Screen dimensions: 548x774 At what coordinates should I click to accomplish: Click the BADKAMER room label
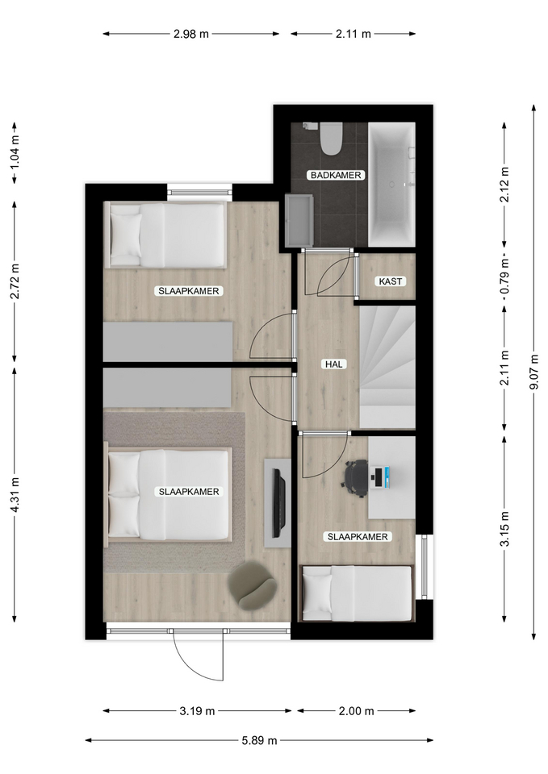click(336, 175)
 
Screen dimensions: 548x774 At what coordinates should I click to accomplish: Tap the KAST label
click(391, 281)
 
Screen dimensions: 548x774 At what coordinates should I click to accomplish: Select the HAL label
click(333, 364)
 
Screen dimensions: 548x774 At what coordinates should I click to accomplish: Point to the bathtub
click(392, 184)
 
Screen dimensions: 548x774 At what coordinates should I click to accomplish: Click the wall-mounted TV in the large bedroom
click(278, 503)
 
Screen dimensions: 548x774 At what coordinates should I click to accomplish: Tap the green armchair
click(252, 585)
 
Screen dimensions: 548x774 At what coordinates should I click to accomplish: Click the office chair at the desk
click(357, 478)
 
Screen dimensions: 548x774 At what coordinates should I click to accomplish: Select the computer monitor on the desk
click(380, 478)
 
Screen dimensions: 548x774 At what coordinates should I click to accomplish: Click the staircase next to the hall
click(387, 368)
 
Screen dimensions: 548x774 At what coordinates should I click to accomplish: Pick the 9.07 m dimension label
click(533, 372)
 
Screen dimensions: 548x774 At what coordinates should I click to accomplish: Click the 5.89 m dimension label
click(259, 740)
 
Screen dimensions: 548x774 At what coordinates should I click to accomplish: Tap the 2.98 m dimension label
click(191, 34)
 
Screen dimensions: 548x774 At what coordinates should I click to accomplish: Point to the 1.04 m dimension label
click(15, 152)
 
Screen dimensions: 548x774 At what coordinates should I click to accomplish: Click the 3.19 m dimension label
click(197, 711)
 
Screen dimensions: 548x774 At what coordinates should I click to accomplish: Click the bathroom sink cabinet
click(299, 219)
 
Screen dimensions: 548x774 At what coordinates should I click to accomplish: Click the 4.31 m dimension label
click(15, 494)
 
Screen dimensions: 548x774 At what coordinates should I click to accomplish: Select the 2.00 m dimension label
click(356, 711)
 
